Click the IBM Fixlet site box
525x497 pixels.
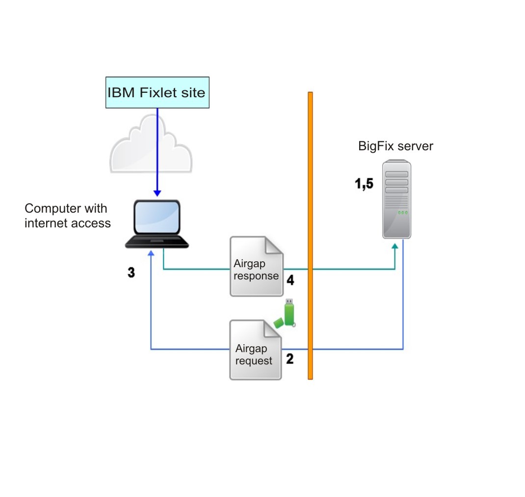click(157, 92)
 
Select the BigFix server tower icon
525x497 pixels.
click(396, 199)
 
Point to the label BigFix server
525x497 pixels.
click(395, 146)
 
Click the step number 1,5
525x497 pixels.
click(364, 184)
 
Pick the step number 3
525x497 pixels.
click(131, 273)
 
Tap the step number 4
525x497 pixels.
click(290, 280)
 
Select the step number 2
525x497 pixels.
click(290, 359)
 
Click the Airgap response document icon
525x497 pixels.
click(256, 267)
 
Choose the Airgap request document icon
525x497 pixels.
click(255, 350)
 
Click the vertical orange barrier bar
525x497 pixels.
click(310, 236)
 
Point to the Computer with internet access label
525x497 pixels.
click(68, 216)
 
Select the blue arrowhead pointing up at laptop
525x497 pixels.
click(151, 253)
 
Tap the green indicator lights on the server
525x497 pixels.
click(402, 213)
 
